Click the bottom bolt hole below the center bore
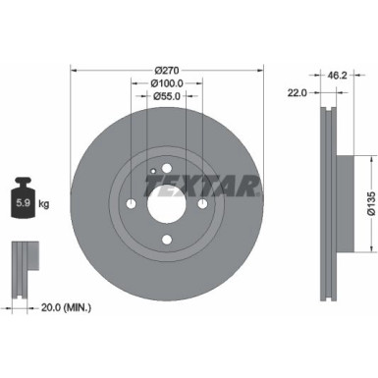point(168,239)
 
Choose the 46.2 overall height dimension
point(336,73)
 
